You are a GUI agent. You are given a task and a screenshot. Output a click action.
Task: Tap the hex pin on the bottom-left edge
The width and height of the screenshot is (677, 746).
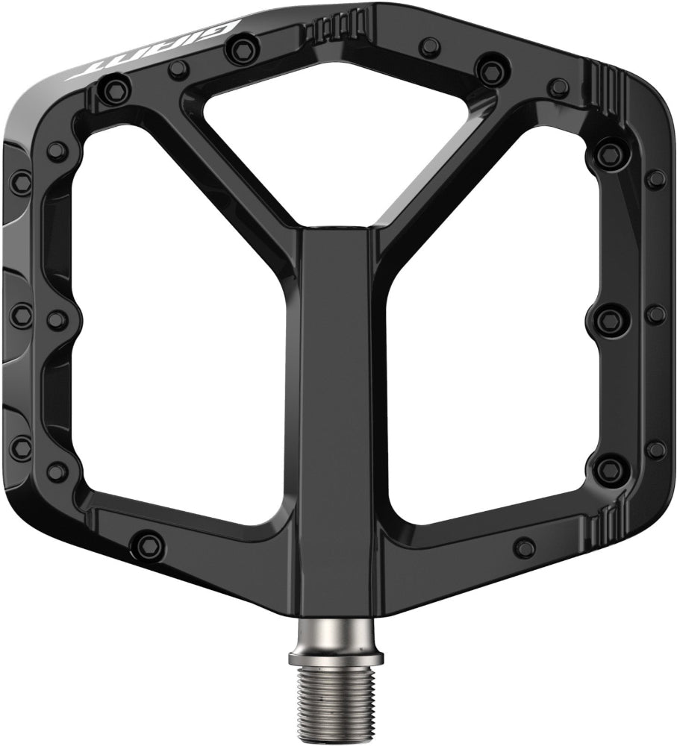coord(149,544)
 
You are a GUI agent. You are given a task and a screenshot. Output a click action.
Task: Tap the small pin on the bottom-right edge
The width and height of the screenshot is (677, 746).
coord(525,547)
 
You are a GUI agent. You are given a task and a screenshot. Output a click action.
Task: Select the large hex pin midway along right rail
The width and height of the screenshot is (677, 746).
coord(610,320)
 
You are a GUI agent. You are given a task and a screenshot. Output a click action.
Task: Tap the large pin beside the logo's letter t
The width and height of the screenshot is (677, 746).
coord(113,92)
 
